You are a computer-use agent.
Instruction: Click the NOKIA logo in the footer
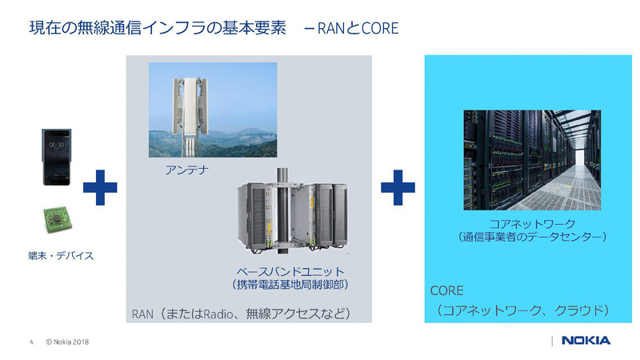(x=586, y=341)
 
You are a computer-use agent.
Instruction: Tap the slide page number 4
(x=31, y=342)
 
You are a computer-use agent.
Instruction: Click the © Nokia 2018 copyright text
(x=66, y=342)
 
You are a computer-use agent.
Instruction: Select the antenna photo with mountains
(x=213, y=110)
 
